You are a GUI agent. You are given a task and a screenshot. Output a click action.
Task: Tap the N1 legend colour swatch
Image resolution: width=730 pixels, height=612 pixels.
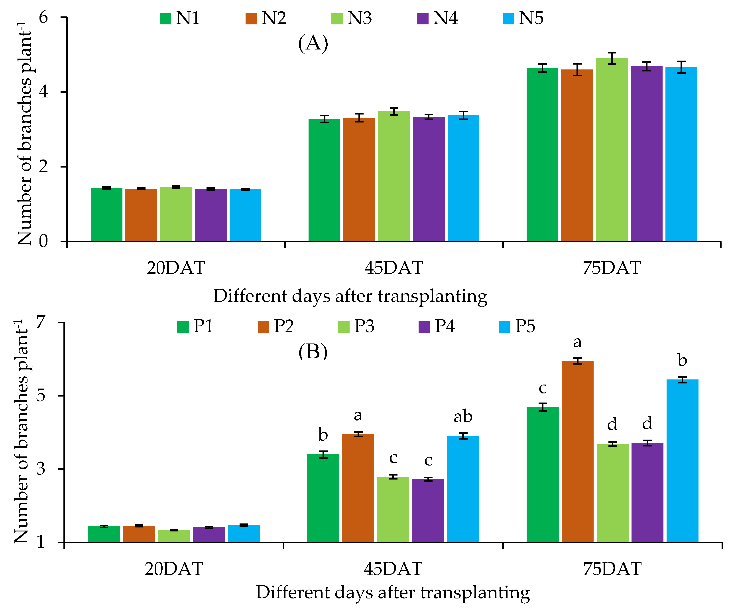point(165,18)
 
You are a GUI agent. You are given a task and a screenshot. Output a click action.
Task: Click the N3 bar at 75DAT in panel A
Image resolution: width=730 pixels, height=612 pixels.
point(612,150)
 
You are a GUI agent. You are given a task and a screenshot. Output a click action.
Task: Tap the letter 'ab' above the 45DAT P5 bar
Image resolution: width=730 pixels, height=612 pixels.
point(463,417)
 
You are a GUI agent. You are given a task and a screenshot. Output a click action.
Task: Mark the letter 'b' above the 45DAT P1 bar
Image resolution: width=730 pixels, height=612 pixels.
point(323,435)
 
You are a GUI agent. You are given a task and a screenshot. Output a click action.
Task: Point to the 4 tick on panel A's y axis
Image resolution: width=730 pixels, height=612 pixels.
point(43,92)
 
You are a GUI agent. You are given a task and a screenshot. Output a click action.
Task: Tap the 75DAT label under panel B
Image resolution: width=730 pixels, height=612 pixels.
point(612,569)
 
